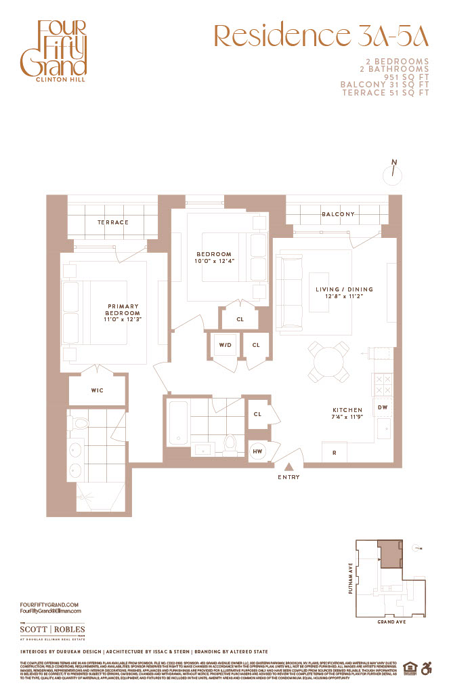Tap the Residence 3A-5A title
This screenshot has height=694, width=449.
point(322,36)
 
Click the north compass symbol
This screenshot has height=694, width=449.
point(391,173)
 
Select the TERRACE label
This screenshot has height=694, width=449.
point(112,222)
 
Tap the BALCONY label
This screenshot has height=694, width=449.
point(338,214)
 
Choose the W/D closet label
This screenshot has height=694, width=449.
point(224,345)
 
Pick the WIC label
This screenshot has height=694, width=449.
point(97,390)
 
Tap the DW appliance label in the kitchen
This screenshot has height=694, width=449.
point(382,407)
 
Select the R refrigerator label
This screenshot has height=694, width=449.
point(335,452)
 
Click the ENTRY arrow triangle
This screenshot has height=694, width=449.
point(289,466)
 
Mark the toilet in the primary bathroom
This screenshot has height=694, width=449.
point(80,424)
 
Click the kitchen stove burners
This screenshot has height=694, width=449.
point(382,385)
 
